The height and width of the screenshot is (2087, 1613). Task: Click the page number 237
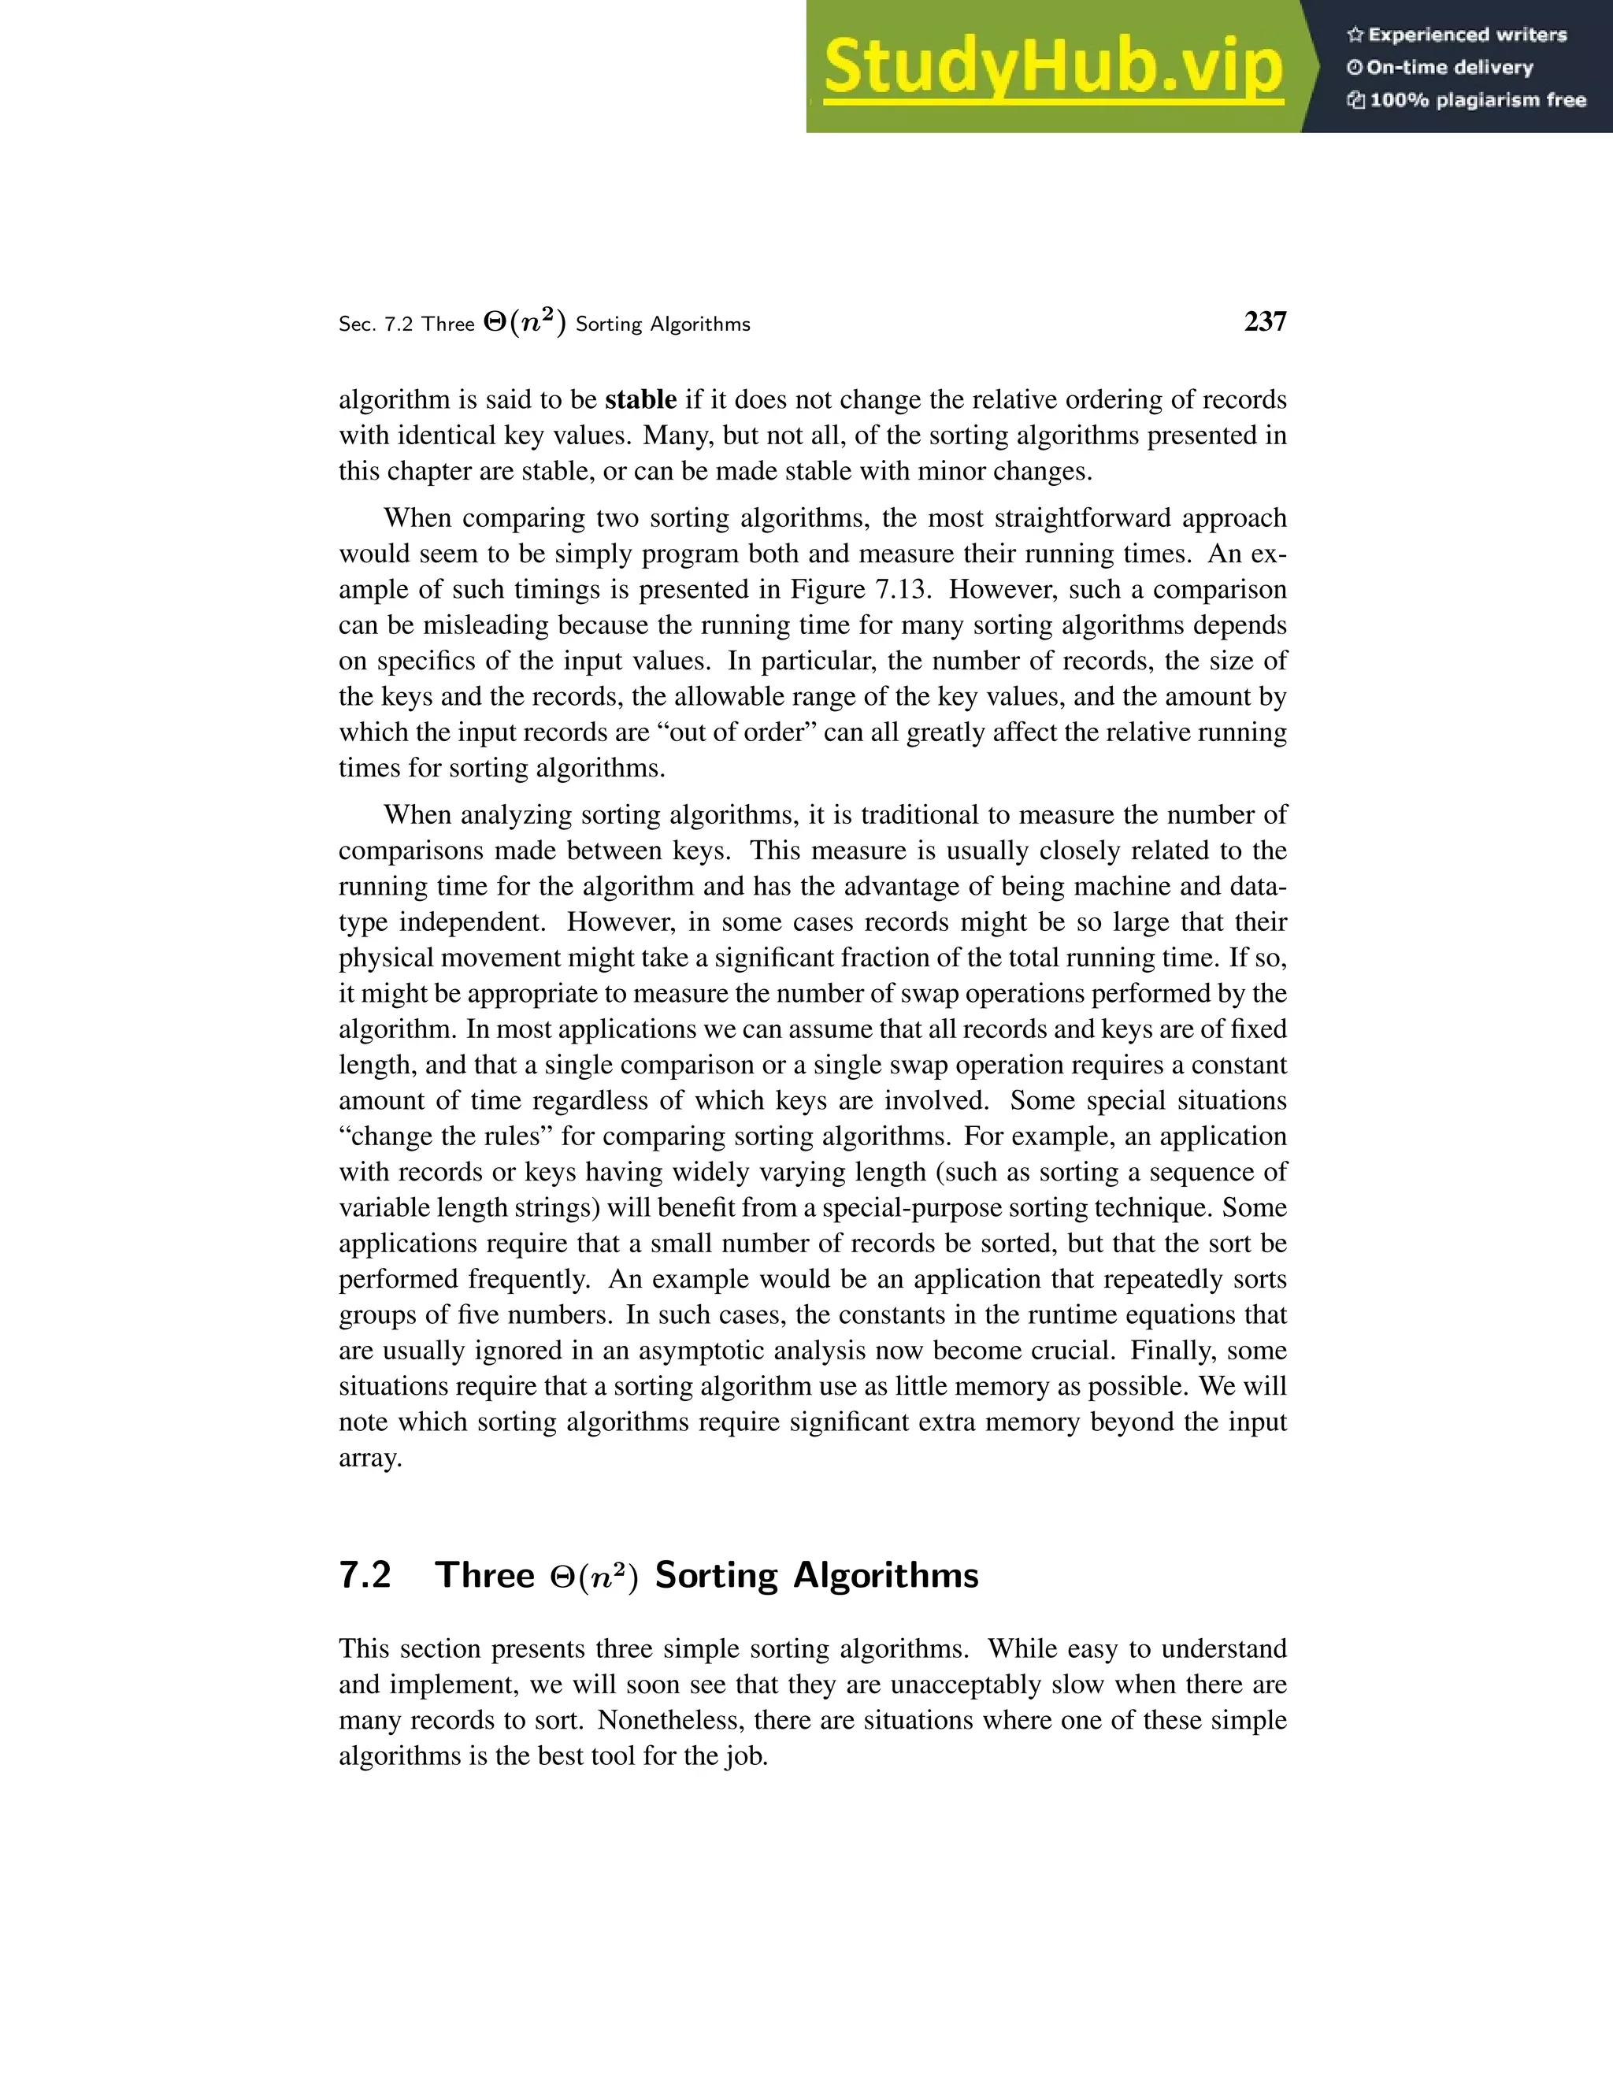(x=1265, y=322)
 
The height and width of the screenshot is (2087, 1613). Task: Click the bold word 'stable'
(x=640, y=399)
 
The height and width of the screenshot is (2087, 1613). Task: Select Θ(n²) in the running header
(x=525, y=323)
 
